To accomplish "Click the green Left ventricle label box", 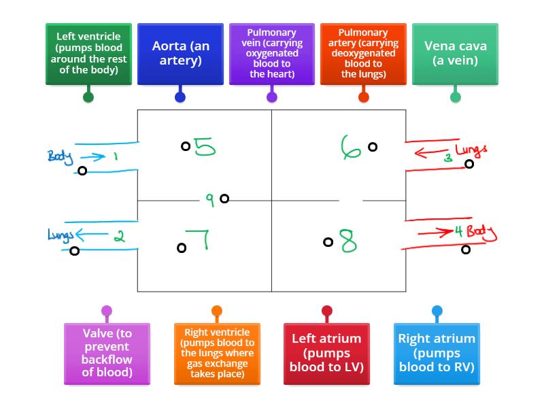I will pyautogui.click(x=88, y=54).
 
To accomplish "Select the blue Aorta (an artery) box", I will pyautogui.click(x=180, y=54).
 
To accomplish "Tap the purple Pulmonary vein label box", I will pyautogui.click(x=272, y=54).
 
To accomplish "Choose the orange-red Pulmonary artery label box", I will pyautogui.click(x=363, y=54).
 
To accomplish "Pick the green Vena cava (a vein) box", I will pyautogui.click(x=455, y=54).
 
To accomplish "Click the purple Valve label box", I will pyautogui.click(x=107, y=354).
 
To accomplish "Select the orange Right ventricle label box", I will pyautogui.click(x=217, y=354).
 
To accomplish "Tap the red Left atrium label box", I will pyautogui.click(x=326, y=354).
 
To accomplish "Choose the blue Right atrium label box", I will pyautogui.click(x=437, y=354).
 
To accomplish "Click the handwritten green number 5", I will pyautogui.click(x=205, y=147).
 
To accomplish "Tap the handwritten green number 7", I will pyautogui.click(x=199, y=240).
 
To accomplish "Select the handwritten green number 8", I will pyautogui.click(x=348, y=241).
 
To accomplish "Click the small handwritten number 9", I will pyautogui.click(x=210, y=199).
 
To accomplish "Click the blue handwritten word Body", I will pyautogui.click(x=59, y=156).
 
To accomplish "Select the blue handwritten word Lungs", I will pyautogui.click(x=59, y=235).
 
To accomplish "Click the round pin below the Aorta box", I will pyautogui.click(x=180, y=97).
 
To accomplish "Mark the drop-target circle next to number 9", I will pyautogui.click(x=224, y=199).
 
